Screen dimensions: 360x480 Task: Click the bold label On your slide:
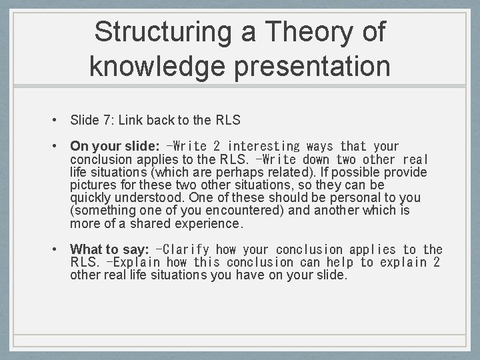[115, 146]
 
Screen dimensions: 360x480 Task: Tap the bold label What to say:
[109, 249]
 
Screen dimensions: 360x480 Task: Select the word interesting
[264, 146]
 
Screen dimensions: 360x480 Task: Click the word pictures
[92, 185]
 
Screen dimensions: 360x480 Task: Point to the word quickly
[91, 197]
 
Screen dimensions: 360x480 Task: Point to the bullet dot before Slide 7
[53, 121]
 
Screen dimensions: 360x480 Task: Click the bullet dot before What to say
[53, 249]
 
